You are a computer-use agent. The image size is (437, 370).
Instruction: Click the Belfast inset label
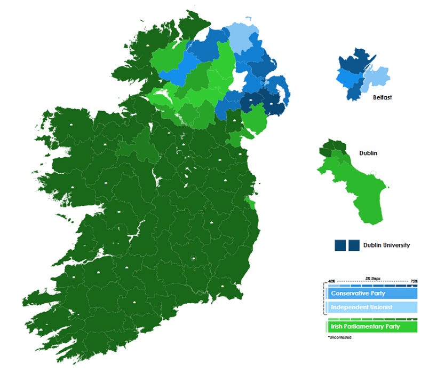(x=382, y=98)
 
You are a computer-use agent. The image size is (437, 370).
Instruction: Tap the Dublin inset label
(x=367, y=153)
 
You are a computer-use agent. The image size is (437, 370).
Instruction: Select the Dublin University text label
(x=386, y=245)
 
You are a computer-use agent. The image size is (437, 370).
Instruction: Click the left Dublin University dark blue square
(x=340, y=245)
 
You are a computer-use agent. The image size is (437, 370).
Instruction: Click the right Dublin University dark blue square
(x=354, y=245)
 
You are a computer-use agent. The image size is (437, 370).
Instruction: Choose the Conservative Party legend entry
(x=357, y=294)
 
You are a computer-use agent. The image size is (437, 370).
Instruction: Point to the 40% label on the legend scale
(x=331, y=281)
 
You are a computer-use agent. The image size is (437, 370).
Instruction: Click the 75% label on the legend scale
(x=414, y=281)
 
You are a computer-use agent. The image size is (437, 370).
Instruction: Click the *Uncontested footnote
(x=340, y=337)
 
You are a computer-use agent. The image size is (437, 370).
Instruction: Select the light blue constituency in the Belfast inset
(x=372, y=80)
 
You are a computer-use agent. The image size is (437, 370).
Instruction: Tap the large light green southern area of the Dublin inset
(x=363, y=192)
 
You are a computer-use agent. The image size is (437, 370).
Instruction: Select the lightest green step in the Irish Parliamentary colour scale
(x=327, y=327)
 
